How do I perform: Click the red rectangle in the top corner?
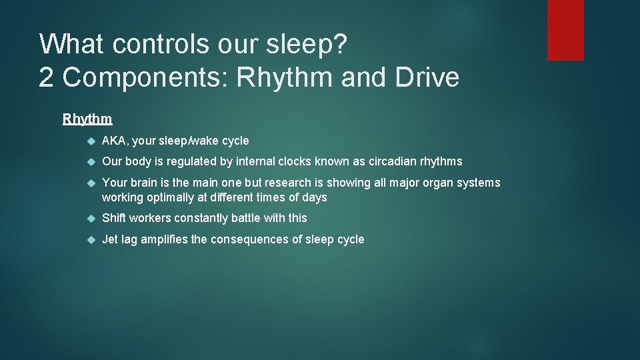point(565,30)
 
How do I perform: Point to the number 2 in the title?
point(47,78)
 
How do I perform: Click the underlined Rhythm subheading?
point(87,119)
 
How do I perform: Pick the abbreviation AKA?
point(115,141)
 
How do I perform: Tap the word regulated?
point(195,161)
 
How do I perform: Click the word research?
point(288,183)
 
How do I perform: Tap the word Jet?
point(110,239)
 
